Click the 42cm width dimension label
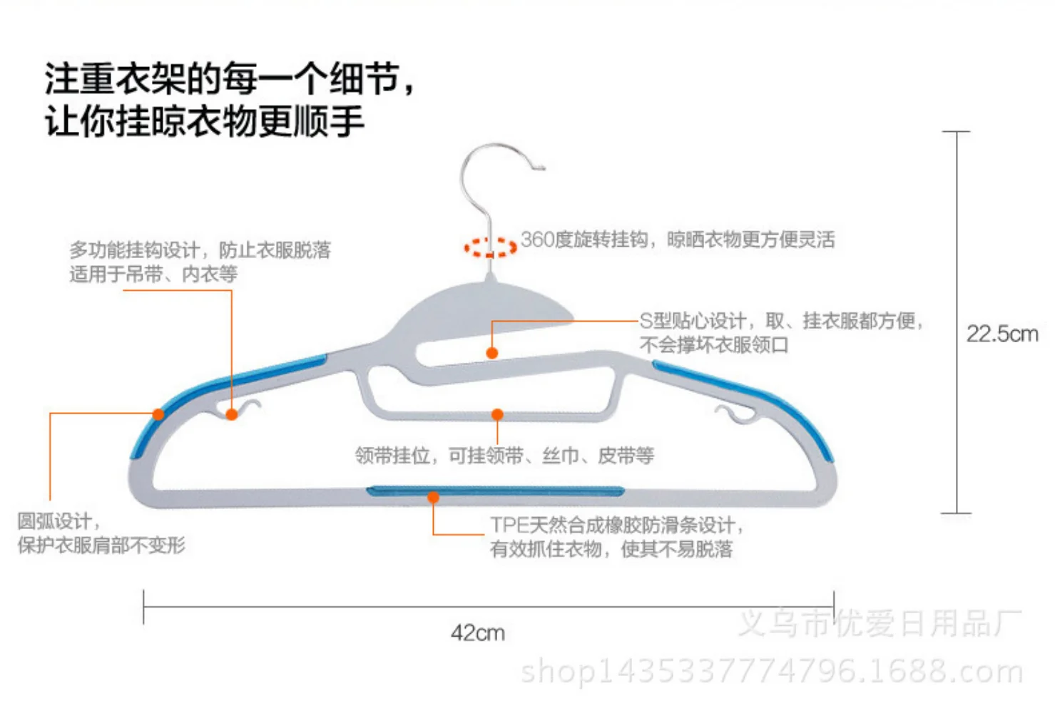tap(478, 633)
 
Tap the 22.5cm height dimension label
tap(1002, 334)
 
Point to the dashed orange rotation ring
tap(491, 247)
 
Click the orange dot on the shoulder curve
tap(158, 414)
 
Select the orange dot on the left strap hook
tap(231, 414)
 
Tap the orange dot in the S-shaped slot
tap(491, 353)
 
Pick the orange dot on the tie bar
tap(497, 414)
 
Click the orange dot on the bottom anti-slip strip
tap(433, 498)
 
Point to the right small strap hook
tap(735, 414)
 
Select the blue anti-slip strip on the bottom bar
tap(496, 491)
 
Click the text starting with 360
tap(678, 240)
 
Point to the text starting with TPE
tap(616, 537)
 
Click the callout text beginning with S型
tap(781, 333)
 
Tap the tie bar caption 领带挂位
tap(504, 456)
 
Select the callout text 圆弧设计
tap(101, 533)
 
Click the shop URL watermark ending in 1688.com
tap(772, 672)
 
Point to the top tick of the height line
tap(956, 131)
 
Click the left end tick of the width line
tap(143, 607)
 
